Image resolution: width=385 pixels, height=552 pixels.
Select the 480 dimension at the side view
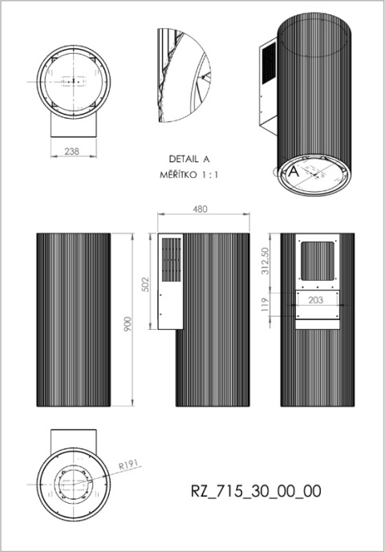pyautogui.click(x=201, y=209)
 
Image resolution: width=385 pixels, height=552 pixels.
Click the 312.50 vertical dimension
pyautogui.click(x=275, y=261)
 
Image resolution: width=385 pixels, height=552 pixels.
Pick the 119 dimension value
pyautogui.click(x=275, y=303)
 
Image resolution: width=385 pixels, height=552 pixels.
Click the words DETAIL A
pyautogui.click(x=189, y=159)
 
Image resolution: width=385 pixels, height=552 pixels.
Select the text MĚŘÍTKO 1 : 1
pyautogui.click(x=189, y=174)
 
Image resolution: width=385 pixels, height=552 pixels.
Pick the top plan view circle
pyautogui.click(x=72, y=81)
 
